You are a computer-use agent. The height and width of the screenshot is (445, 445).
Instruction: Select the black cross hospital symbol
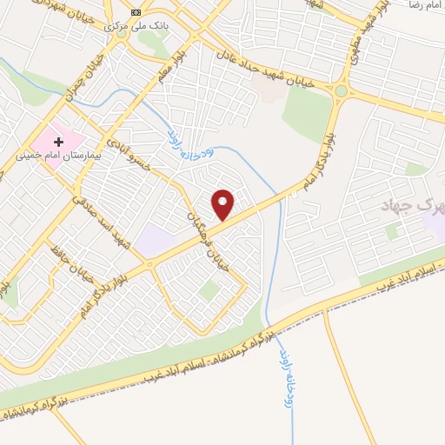(x=59, y=141)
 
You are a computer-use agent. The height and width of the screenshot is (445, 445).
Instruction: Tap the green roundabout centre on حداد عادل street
(x=342, y=90)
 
